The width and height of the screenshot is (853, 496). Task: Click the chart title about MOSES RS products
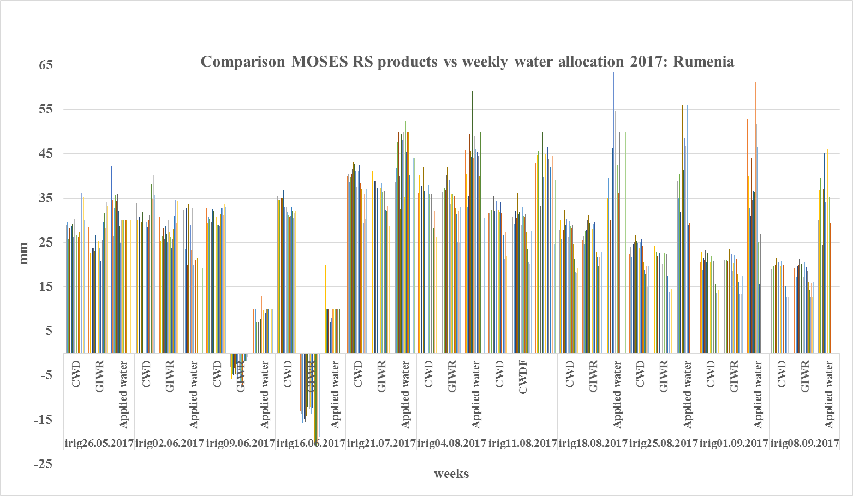[467, 61]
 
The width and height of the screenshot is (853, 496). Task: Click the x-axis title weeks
[451, 474]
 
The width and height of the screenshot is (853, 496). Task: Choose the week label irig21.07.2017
[381, 443]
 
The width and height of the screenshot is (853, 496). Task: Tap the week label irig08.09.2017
[804, 443]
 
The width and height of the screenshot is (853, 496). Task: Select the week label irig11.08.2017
[522, 443]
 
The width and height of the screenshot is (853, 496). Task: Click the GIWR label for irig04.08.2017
[452, 376]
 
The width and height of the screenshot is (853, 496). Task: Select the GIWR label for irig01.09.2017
[734, 376]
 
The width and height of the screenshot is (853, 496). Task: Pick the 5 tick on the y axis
[47, 331]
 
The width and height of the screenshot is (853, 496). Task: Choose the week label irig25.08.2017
[664, 443]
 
